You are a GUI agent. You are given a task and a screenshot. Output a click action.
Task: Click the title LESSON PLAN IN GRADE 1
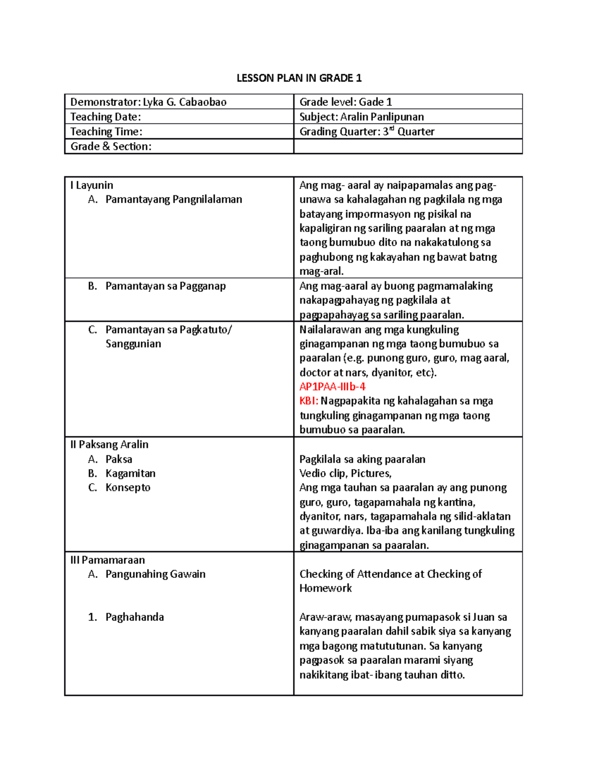299,78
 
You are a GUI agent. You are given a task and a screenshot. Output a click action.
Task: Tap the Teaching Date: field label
105,117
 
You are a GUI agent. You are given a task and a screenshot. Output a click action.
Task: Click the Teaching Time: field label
106,132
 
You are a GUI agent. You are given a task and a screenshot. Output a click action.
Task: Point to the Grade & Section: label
111,146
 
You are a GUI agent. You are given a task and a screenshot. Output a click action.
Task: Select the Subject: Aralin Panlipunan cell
361,117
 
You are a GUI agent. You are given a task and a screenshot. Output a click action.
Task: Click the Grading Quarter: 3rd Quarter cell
366,132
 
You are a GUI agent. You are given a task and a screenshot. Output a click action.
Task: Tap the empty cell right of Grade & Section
407,146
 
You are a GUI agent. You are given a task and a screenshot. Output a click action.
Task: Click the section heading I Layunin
92,185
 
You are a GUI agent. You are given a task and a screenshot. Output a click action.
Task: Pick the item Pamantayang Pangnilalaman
173,200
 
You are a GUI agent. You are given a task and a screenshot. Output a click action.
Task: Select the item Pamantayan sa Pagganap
165,286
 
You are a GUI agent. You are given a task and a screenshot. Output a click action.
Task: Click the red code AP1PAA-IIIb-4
332,387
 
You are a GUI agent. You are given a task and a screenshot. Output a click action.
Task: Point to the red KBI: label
308,401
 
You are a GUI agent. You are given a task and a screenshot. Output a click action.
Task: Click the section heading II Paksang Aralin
109,445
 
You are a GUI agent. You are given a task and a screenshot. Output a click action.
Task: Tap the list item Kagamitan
130,473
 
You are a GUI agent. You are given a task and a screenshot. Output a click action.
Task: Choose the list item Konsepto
128,488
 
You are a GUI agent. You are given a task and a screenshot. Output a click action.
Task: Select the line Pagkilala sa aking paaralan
362,459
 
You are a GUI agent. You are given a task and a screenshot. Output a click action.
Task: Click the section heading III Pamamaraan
107,560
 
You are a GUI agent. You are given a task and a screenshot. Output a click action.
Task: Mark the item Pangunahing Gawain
155,574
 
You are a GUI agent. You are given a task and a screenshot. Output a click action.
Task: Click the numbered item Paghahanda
134,617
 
